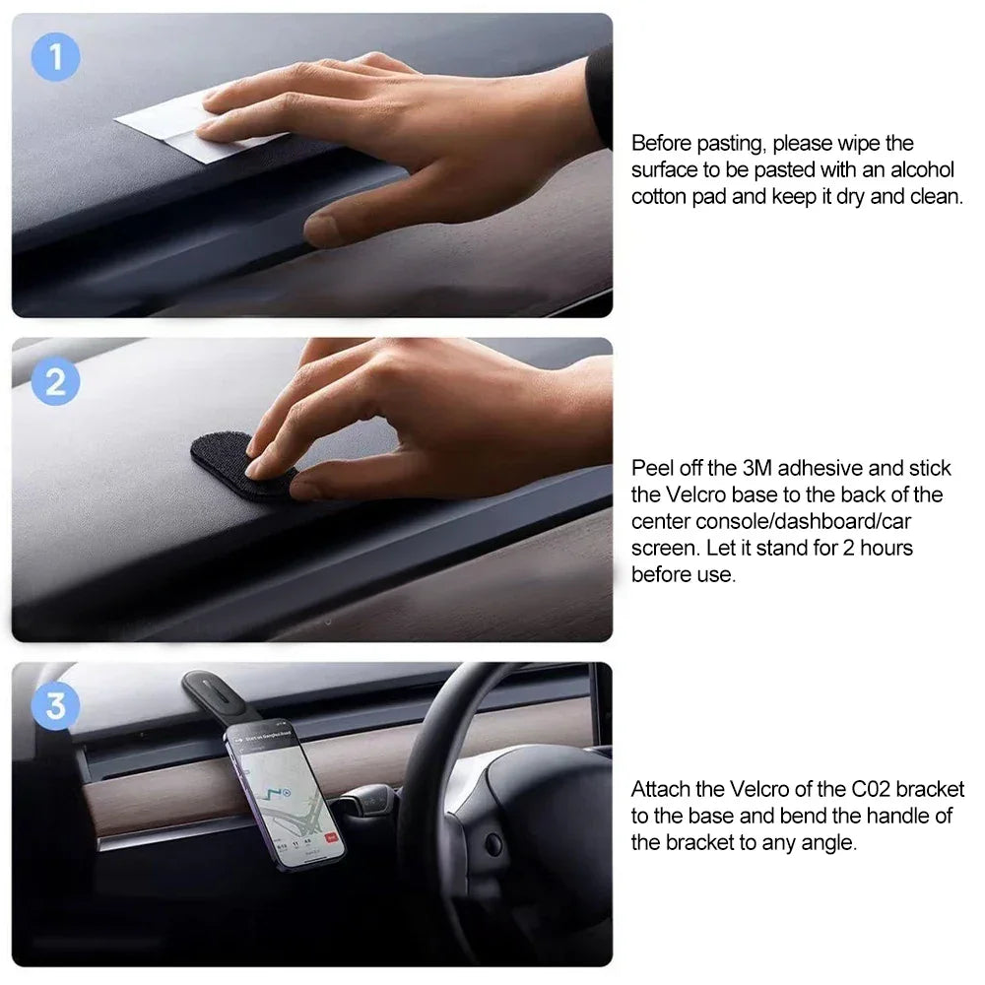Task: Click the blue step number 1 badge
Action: (x=55, y=57)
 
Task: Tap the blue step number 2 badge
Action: (x=55, y=381)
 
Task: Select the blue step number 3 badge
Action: (x=55, y=705)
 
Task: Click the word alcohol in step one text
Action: (x=924, y=170)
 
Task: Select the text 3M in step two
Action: (x=759, y=468)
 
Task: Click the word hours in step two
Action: (x=886, y=548)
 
